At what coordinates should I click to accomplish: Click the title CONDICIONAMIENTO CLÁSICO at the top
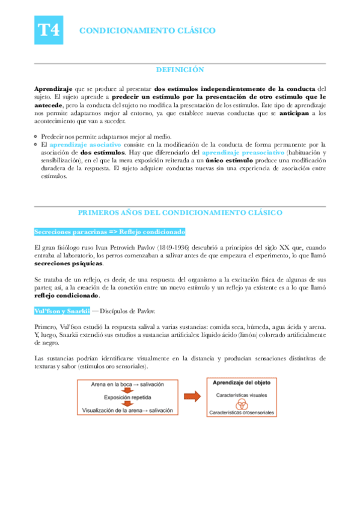[x=147, y=30]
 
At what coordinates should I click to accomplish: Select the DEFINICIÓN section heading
[x=180, y=70]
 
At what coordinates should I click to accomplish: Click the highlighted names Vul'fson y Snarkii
[x=62, y=310]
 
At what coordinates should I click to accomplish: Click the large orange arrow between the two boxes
[x=192, y=396]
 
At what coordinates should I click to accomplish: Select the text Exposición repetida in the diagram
[x=127, y=398]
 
